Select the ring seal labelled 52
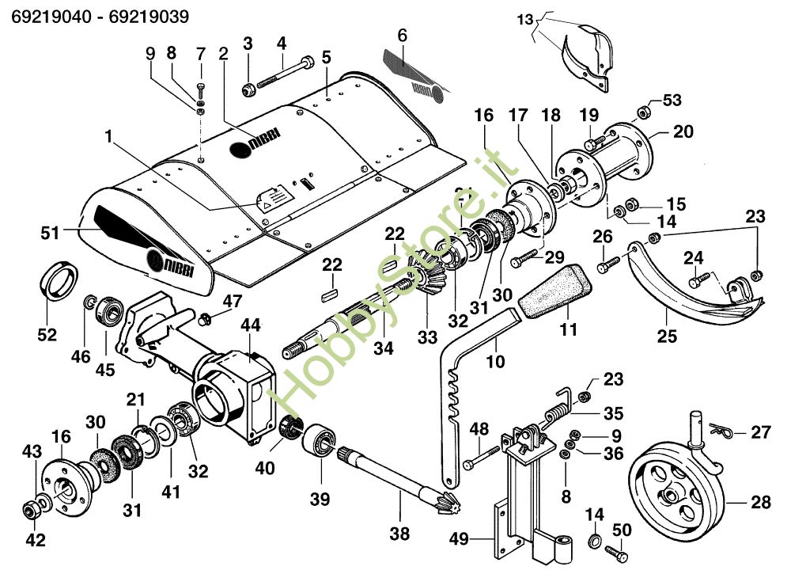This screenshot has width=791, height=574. click(59, 279)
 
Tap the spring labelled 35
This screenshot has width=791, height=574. click(557, 412)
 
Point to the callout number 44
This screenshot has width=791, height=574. click(251, 325)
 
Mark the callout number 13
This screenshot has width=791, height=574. click(525, 21)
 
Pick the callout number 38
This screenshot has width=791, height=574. click(400, 534)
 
